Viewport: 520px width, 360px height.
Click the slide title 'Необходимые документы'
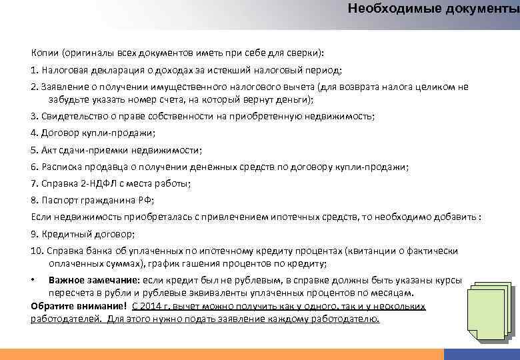pos(433,9)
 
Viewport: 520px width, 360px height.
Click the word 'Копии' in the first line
pos(45,53)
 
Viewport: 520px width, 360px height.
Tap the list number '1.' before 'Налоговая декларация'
pos(35,70)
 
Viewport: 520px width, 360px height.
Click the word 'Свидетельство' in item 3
pos(71,116)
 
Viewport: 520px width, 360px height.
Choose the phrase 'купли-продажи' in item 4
pos(114,133)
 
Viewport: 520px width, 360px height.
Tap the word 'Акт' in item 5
pos(49,150)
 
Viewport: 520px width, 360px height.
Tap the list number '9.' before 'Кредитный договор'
pos(35,234)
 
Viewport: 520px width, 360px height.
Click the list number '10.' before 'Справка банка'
pos(37,251)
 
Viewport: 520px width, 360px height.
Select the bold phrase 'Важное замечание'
pos(93,281)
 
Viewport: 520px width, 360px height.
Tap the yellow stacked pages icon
pos(491,309)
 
